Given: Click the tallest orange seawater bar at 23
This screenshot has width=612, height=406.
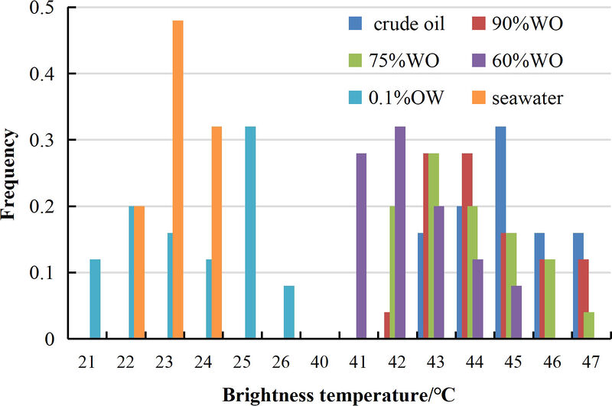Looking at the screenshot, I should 177,180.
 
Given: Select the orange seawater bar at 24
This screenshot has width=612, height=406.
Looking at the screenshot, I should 216,232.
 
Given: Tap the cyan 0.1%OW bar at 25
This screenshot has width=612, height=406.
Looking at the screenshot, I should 250,232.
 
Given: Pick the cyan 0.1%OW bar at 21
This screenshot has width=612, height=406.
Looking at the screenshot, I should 95,299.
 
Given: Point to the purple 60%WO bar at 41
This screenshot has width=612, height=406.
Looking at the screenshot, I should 361,245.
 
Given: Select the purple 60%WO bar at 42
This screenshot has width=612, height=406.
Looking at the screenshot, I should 400,232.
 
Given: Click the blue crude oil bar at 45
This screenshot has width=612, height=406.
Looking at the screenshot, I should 500,232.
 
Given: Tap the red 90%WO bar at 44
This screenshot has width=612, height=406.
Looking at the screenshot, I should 467,245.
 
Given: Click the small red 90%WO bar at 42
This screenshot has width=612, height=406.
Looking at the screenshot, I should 387,325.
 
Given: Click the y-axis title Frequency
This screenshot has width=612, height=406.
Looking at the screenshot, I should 11,174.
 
